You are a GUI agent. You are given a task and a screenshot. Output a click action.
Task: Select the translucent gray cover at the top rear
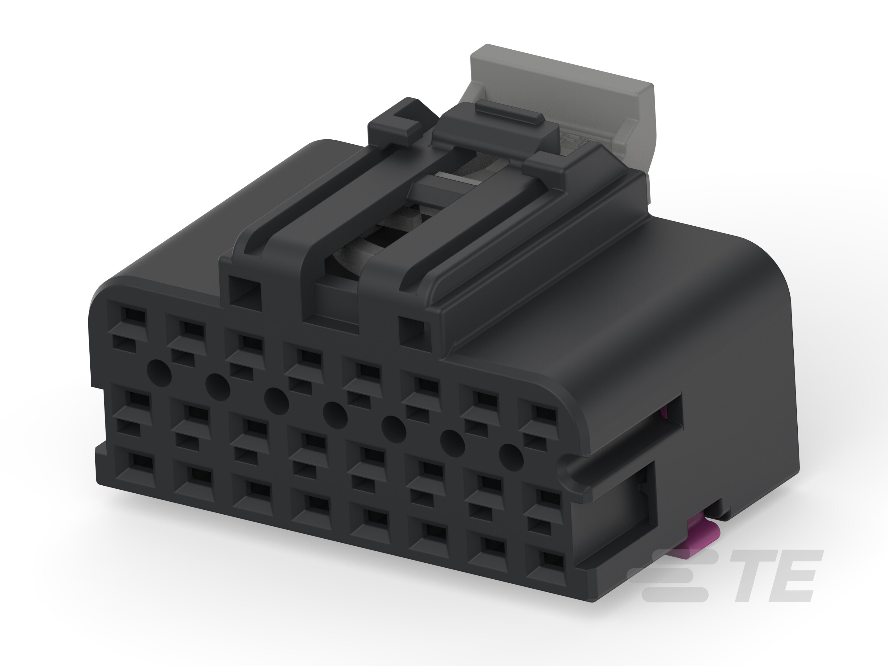[562, 92]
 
